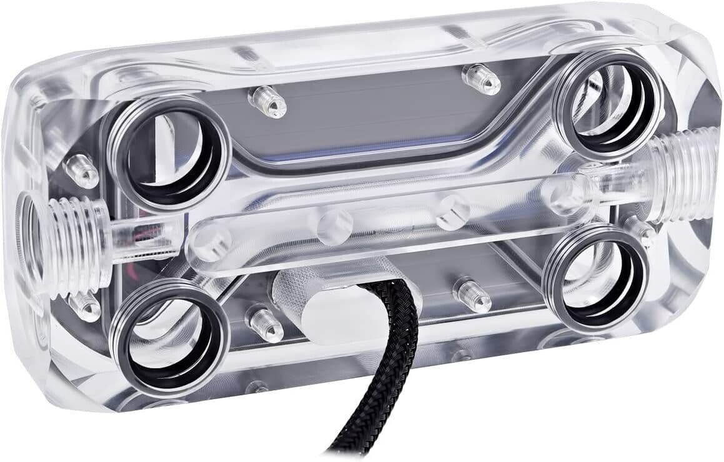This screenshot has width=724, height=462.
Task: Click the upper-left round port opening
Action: point(170,153)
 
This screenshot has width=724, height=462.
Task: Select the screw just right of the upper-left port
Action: point(267,102)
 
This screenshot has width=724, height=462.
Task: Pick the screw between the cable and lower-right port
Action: point(472,294)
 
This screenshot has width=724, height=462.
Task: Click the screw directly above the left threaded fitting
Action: point(82,170)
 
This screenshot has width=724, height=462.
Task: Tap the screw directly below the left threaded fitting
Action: point(84,305)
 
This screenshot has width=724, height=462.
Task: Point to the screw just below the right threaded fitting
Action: point(638,231)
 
